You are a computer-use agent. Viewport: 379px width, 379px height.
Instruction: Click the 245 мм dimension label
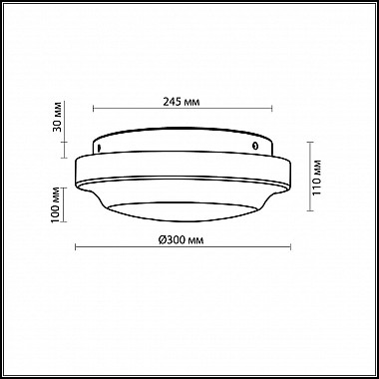(x=182, y=102)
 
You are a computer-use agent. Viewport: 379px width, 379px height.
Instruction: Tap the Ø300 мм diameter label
(x=181, y=240)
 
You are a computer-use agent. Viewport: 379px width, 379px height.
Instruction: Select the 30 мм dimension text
(x=57, y=117)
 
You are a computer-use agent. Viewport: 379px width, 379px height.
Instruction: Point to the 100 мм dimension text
(x=56, y=205)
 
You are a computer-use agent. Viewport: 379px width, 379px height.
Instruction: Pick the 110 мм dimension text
(x=317, y=178)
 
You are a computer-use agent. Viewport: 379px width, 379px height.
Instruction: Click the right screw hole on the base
(x=255, y=146)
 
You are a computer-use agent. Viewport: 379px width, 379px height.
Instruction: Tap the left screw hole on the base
(x=99, y=147)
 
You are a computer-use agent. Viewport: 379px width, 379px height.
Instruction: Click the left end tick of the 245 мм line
(x=94, y=109)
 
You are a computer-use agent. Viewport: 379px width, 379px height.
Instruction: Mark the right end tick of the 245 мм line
(x=272, y=109)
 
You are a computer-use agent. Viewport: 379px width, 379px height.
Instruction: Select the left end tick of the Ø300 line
(x=76, y=246)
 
